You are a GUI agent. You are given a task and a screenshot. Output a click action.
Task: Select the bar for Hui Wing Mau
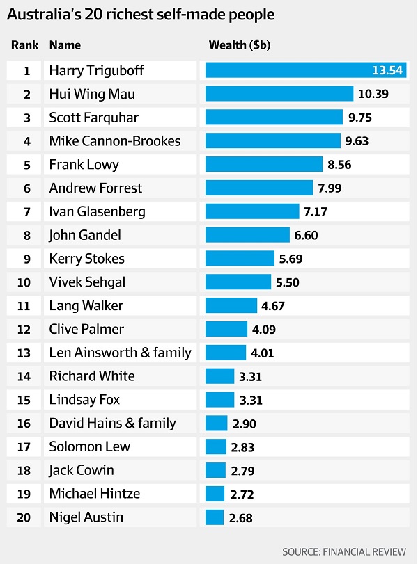(x=279, y=94)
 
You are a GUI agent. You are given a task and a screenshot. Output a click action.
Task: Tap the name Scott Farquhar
(x=93, y=118)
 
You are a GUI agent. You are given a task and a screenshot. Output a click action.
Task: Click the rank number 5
(x=27, y=165)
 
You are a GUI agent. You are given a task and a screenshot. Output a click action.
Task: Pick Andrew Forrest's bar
(x=259, y=188)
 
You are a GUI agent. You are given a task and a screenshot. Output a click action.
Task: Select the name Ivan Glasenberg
(x=97, y=211)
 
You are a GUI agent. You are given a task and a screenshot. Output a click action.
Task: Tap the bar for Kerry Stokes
(x=240, y=259)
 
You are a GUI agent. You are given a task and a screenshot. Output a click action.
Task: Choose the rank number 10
(x=27, y=282)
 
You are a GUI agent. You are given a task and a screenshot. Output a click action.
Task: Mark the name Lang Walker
(x=86, y=305)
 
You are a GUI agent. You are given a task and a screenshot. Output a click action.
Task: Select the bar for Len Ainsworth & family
(x=226, y=353)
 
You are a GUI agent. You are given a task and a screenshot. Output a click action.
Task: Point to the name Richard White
(x=92, y=376)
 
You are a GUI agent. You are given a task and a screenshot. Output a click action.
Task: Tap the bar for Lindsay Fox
(x=220, y=400)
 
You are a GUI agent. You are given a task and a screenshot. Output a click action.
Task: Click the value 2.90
(x=244, y=423)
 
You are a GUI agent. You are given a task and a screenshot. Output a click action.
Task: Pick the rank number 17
(x=27, y=446)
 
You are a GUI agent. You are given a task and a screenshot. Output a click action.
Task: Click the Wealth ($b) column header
(x=240, y=45)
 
